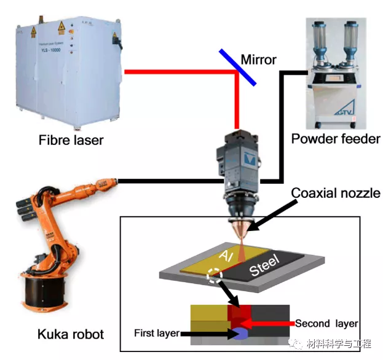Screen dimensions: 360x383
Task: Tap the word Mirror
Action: coord(259,60)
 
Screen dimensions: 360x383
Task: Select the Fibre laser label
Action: coord(66,140)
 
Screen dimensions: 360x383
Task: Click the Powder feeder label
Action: coord(336,139)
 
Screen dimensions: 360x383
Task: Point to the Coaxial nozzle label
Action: coord(336,194)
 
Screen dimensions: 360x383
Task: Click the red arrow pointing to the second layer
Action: coord(270,323)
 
